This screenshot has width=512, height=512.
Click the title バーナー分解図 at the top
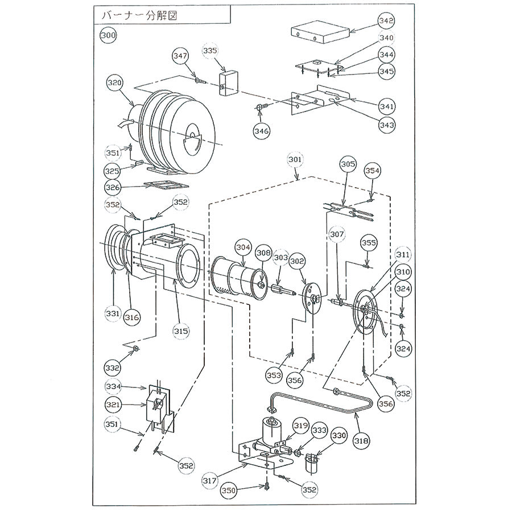(139, 15)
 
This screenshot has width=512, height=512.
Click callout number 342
(386, 20)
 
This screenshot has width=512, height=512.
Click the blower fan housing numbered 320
(176, 134)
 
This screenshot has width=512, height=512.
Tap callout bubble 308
(263, 250)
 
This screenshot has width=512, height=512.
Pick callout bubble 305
(348, 164)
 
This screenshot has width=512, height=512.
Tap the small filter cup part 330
(312, 463)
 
